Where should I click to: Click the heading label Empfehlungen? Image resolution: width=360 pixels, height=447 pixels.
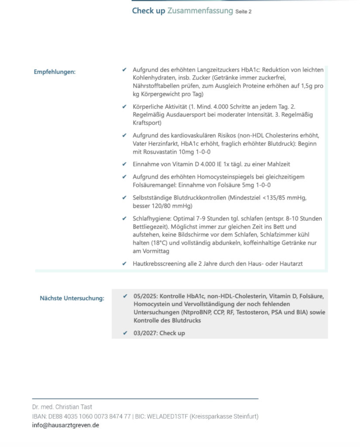(55, 72)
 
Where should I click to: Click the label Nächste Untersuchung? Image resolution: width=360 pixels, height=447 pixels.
(72, 299)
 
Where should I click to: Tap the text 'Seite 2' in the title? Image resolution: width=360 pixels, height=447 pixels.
(243, 12)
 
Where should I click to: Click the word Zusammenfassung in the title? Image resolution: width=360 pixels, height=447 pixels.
(200, 11)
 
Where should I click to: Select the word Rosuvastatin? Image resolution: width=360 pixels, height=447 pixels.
(163, 152)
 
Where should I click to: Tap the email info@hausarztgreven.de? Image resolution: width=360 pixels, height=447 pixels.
(65, 425)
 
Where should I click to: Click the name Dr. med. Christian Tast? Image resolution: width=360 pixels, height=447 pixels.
(62, 407)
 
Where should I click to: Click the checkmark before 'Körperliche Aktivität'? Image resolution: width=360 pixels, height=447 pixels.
(125, 106)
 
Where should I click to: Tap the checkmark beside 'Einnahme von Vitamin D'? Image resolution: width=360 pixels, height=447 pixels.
(125, 164)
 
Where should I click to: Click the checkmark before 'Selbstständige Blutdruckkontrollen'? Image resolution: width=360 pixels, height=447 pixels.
(125, 198)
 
